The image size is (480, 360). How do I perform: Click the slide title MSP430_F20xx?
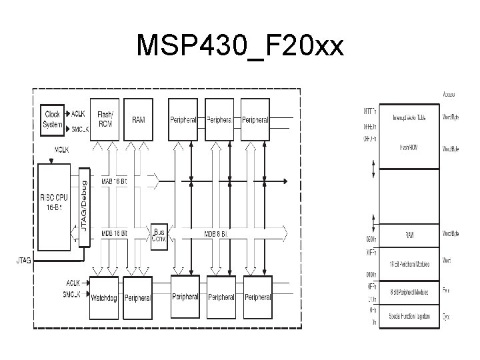[x=240, y=46]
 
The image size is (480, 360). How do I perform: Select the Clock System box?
[x=52, y=118]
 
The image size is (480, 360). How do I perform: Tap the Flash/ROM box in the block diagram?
[x=105, y=118]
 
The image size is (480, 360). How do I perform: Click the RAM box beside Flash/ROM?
[x=139, y=118]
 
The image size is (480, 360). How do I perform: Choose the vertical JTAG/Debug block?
[x=84, y=206]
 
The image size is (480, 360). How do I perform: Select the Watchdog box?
[x=104, y=298]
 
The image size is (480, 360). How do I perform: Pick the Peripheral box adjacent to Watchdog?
[x=138, y=298]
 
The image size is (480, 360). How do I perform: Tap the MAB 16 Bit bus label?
[x=115, y=181]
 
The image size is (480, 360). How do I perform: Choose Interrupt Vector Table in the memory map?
[x=409, y=117]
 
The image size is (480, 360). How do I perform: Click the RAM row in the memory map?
[x=409, y=234]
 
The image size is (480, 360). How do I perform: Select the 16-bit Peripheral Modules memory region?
[x=409, y=264]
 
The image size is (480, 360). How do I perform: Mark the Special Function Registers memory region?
[x=409, y=315]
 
